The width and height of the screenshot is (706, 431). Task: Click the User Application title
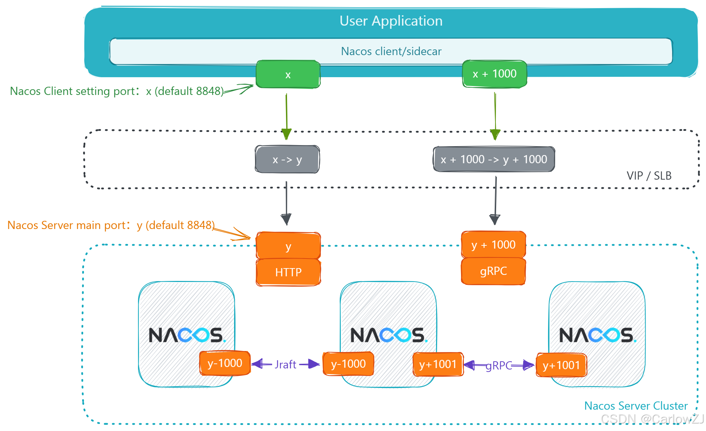tap(391, 21)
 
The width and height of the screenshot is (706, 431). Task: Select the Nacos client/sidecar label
tap(391, 51)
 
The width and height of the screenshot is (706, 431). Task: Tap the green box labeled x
tap(288, 74)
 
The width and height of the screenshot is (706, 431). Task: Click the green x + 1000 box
tap(494, 74)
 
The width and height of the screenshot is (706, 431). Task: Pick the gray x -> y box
tap(287, 160)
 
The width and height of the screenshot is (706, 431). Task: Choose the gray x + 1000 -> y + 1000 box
tap(494, 159)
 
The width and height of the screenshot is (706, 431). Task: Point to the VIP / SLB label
tap(649, 176)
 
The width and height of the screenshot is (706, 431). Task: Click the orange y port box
tap(288, 246)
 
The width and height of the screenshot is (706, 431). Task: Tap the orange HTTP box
tap(288, 272)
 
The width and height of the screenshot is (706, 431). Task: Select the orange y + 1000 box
tap(493, 245)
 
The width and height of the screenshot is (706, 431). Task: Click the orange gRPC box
tap(493, 271)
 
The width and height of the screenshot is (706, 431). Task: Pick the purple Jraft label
tap(285, 365)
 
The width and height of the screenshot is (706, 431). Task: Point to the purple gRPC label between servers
tap(499, 366)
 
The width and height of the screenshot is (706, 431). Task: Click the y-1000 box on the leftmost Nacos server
tap(225, 363)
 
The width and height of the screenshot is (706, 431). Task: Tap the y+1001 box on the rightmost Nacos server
tap(561, 365)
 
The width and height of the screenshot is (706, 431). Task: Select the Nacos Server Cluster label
tap(636, 406)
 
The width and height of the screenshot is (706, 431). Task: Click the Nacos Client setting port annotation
tap(117, 91)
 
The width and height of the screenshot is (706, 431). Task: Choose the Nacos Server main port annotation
tap(111, 225)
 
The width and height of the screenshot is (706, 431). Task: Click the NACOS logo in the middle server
tap(388, 335)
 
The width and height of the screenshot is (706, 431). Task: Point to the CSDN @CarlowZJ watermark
tap(652, 419)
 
